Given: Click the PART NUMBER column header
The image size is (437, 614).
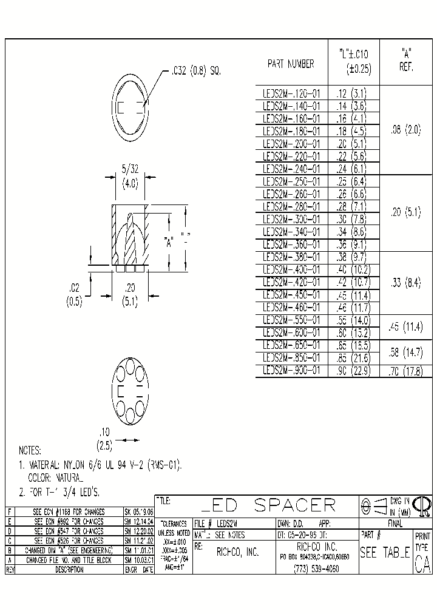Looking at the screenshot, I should click(x=291, y=64).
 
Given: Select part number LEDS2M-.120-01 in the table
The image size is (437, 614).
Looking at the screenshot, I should click(x=291, y=93).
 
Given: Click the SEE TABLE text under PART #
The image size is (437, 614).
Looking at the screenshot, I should click(x=385, y=553).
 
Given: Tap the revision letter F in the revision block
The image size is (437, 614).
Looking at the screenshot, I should click(x=10, y=512).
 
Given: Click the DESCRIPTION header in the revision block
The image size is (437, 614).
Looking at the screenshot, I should click(x=68, y=570).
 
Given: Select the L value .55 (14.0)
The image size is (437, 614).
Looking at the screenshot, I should click(x=353, y=320).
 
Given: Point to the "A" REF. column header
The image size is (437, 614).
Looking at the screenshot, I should click(x=405, y=59).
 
